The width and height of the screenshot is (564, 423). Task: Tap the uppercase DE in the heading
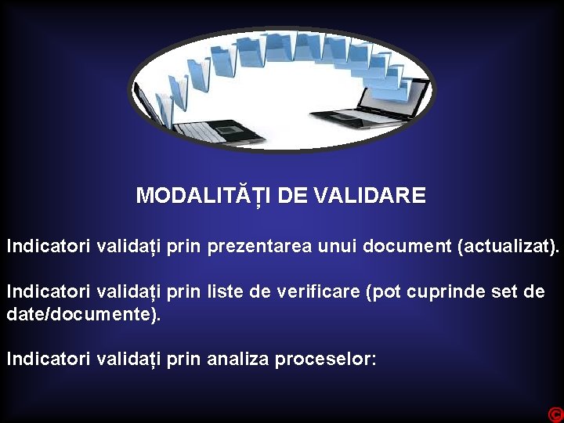[x=292, y=196]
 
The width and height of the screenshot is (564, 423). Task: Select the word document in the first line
[x=407, y=248]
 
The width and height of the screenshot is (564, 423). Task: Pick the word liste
[x=226, y=293]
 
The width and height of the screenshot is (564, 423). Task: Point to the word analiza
[x=237, y=360]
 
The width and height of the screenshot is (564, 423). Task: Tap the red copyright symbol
[x=555, y=414]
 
